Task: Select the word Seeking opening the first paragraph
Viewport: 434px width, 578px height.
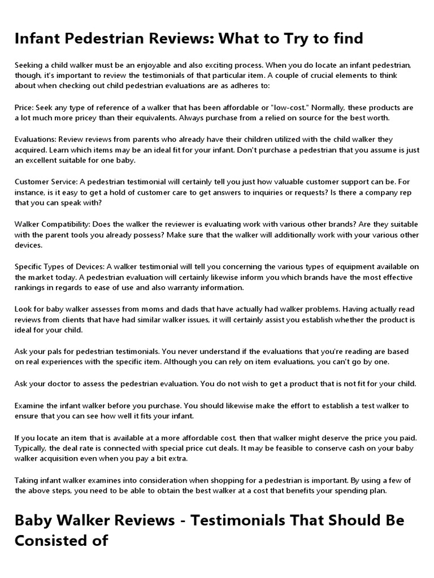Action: coord(29,65)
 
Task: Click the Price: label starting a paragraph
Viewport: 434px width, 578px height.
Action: coord(25,107)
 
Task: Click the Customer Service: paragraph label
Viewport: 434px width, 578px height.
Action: coord(49,182)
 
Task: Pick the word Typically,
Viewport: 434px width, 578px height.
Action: coord(33,448)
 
